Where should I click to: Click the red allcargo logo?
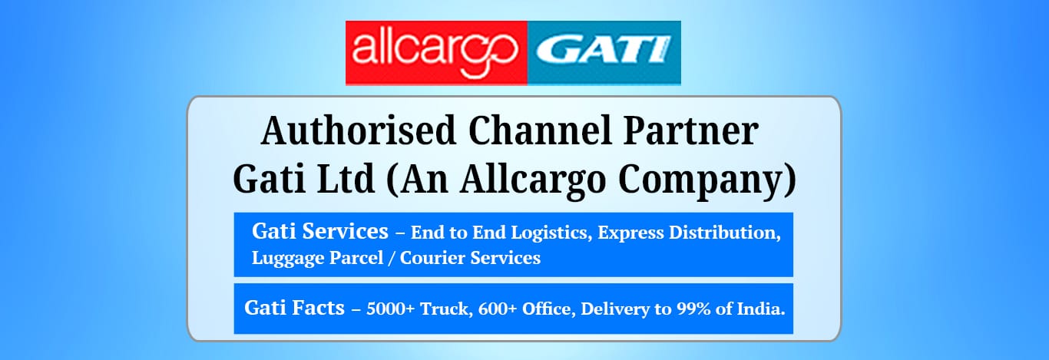pos(436,53)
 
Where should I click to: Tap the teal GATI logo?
pos(604,53)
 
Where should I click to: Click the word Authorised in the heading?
pos(359,130)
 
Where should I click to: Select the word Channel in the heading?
pos(540,130)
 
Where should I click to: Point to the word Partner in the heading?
pos(690,130)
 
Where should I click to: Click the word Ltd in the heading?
pos(346,179)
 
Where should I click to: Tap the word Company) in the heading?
pos(707,181)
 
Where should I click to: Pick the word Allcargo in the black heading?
pos(534,181)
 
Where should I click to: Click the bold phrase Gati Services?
pos(320,231)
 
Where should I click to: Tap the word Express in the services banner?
pos(630,233)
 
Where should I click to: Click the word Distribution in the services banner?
pos(725,233)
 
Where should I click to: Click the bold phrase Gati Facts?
pos(294,308)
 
